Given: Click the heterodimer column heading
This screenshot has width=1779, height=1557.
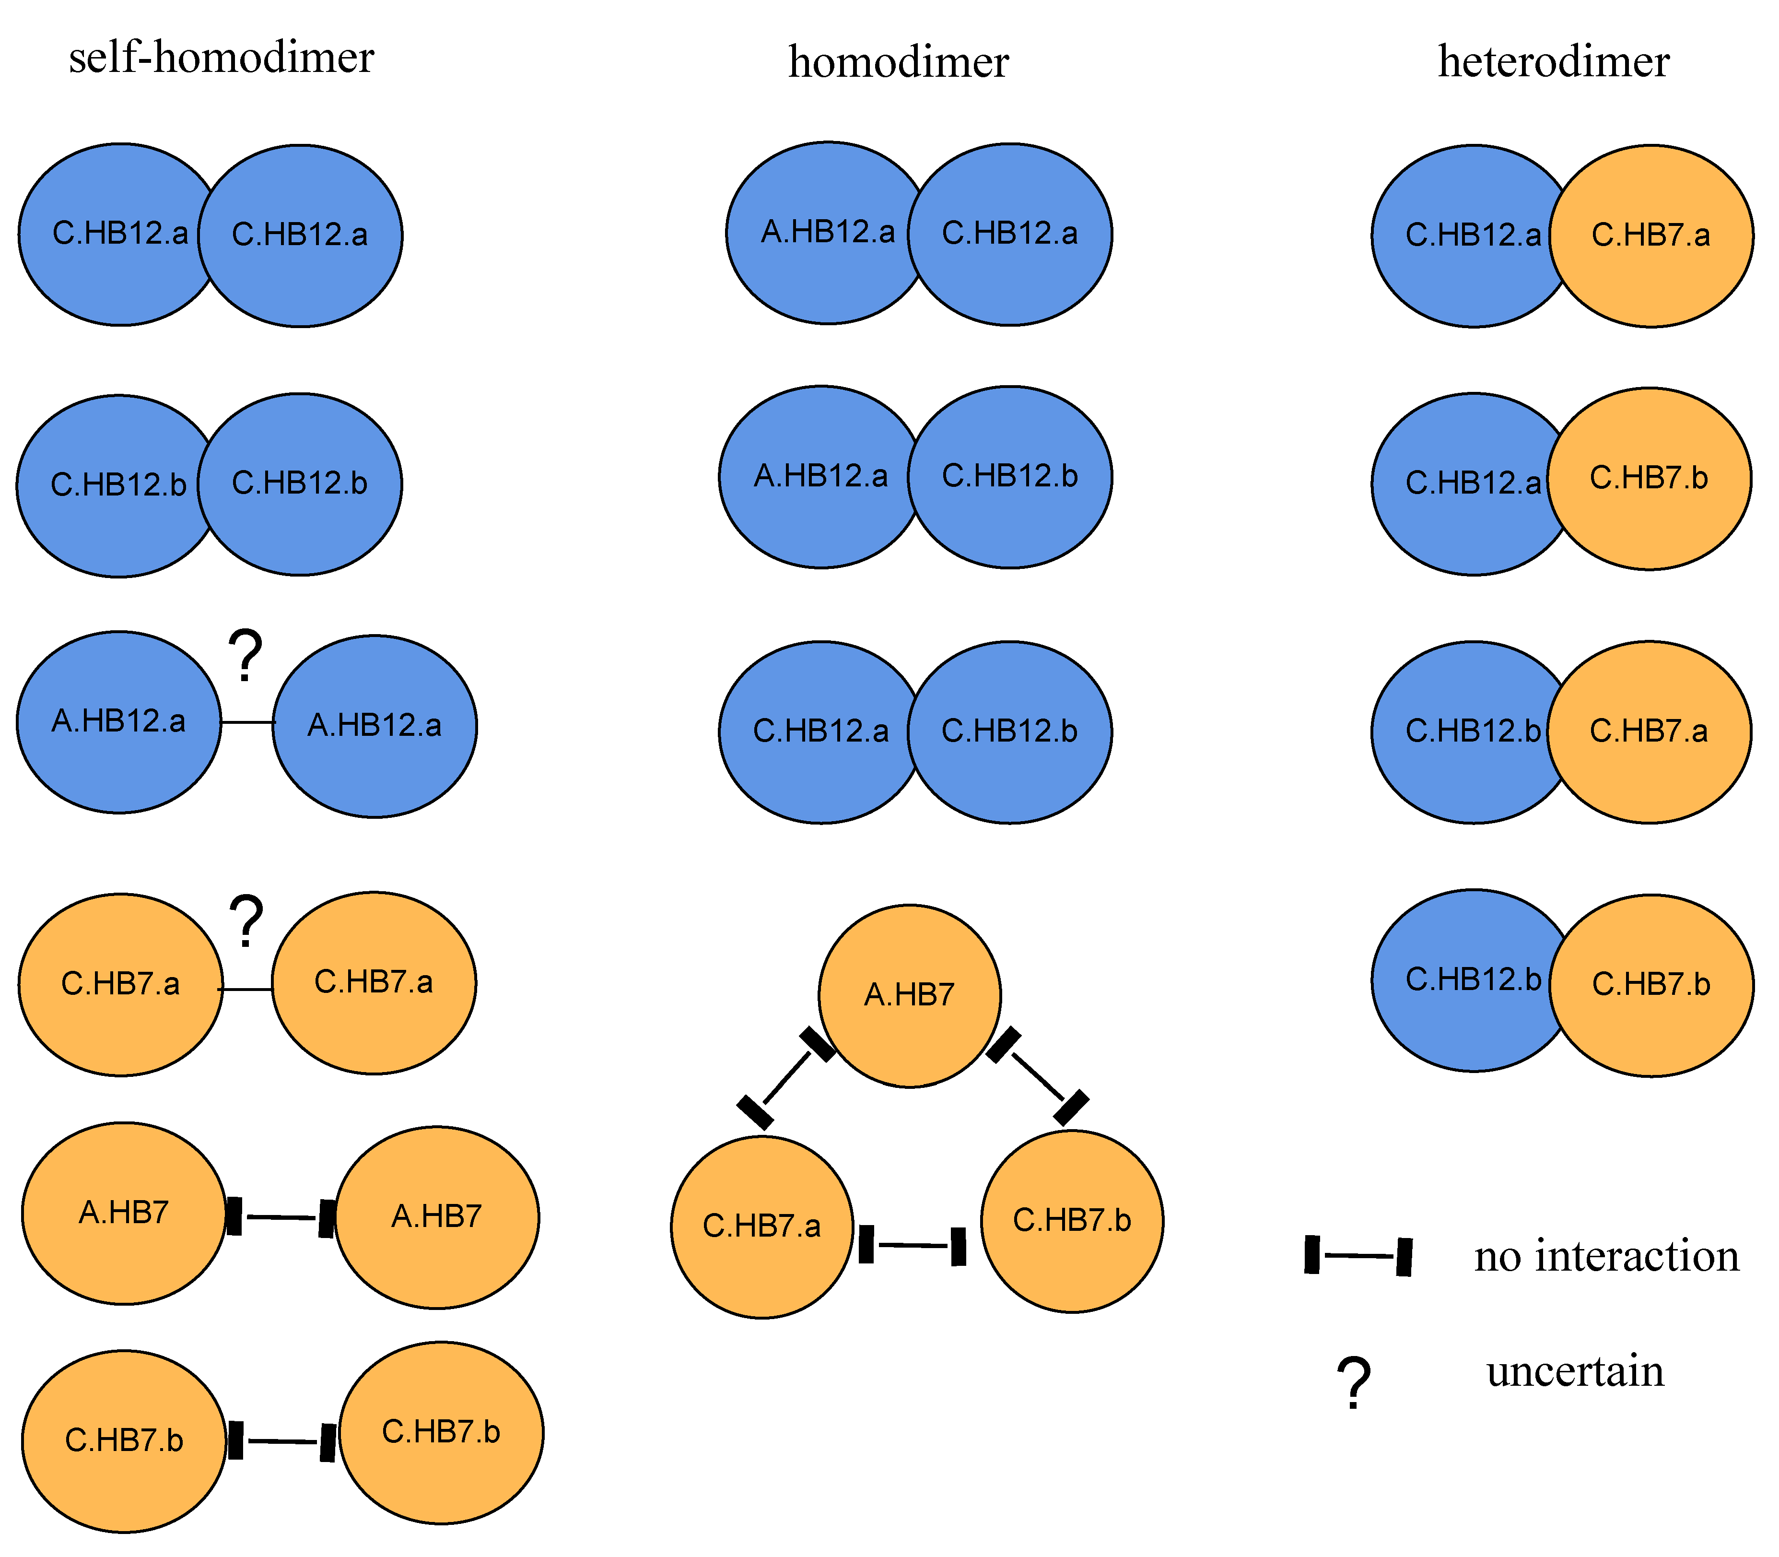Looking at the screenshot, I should point(1553,62).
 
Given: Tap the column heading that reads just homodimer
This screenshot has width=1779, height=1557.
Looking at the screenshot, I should point(898,62).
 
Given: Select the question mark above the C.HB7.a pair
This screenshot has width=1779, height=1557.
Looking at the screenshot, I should point(246,921).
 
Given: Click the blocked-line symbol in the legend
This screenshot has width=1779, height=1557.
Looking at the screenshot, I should point(1358,1255).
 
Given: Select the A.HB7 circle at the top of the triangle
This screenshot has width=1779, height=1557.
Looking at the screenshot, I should point(910,995).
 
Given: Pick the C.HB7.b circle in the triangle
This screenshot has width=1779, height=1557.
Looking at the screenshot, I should point(1072,1221).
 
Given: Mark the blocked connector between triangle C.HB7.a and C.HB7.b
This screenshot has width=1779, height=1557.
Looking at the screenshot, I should point(912,1245).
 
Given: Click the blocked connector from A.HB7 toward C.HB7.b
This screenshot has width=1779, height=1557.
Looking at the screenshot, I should point(1037,1075).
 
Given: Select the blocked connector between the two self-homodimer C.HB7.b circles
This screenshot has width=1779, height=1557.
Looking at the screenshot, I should point(281,1442).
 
